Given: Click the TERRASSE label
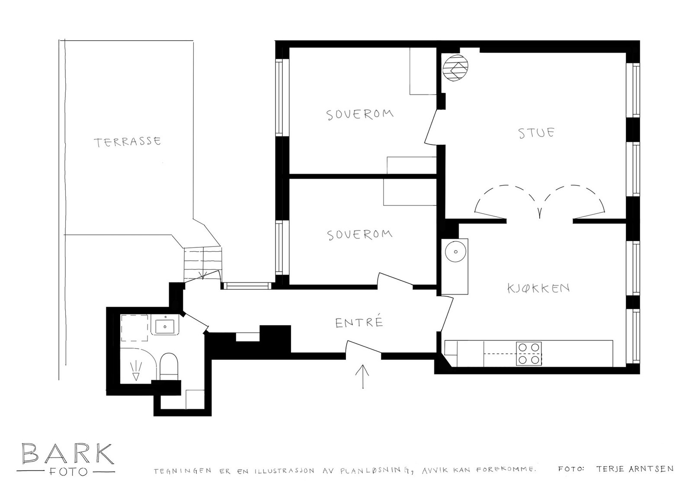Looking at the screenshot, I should pos(128,141).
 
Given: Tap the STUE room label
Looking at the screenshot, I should pos(536,132).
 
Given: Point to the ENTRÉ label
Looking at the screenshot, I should pos(359,322).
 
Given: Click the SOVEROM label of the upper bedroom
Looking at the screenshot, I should pos(360,114).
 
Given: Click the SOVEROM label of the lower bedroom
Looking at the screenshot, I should pos(360,234).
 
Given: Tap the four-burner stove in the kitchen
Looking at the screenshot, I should pos(529,354).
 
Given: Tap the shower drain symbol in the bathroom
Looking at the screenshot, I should pos(135,371).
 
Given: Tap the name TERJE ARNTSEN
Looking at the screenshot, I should pos(634,469).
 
